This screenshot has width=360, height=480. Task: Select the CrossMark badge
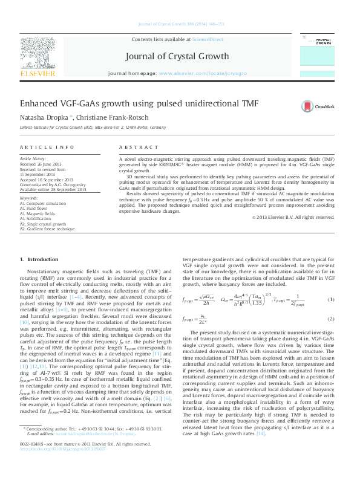coord(317,106)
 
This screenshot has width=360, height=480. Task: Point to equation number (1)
coord(331,300)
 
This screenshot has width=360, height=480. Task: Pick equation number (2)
coord(331,319)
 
